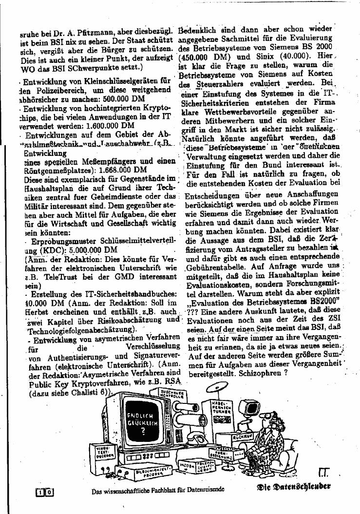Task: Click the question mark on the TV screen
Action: (143, 431)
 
